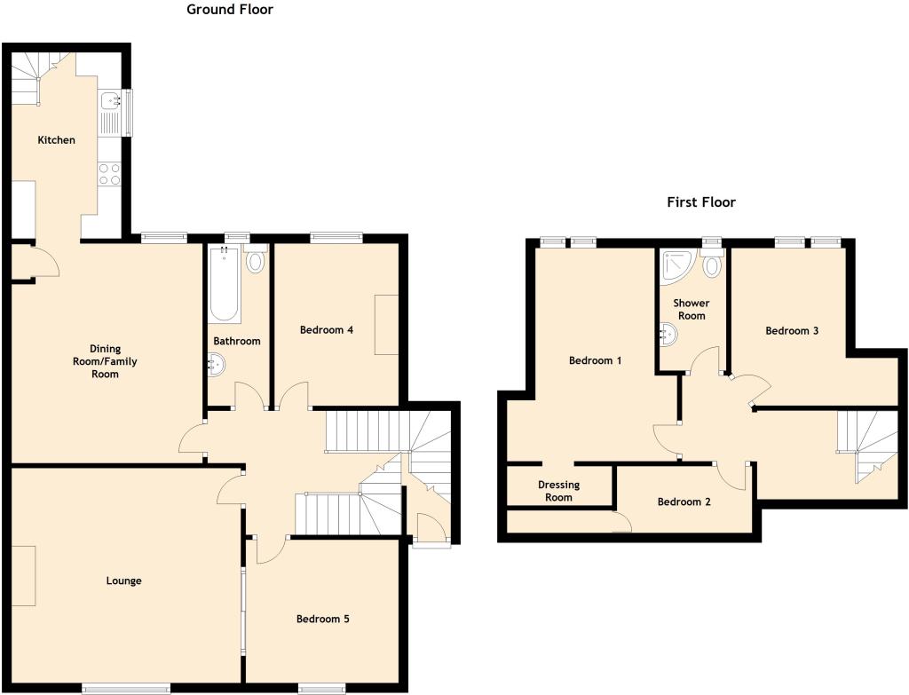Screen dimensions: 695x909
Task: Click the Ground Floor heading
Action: point(230,10)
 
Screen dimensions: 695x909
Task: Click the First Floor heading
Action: point(701,202)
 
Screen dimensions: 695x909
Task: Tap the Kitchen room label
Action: point(56,140)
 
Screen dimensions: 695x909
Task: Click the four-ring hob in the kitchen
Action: point(109,173)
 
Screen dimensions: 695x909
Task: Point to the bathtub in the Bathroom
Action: point(224,285)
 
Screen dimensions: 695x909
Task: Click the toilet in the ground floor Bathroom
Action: point(257,261)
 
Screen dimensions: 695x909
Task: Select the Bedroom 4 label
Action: point(327,330)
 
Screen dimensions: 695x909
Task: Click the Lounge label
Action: point(124,581)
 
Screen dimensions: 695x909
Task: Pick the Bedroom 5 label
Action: point(322,619)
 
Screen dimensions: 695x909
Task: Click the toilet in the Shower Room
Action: point(712,265)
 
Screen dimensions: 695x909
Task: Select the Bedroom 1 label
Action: point(595,360)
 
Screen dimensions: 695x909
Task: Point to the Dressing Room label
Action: point(559,491)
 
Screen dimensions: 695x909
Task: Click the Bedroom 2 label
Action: point(684,502)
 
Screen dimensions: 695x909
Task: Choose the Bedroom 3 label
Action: point(792,330)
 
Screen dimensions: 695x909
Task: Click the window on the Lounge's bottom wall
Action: point(126,687)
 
